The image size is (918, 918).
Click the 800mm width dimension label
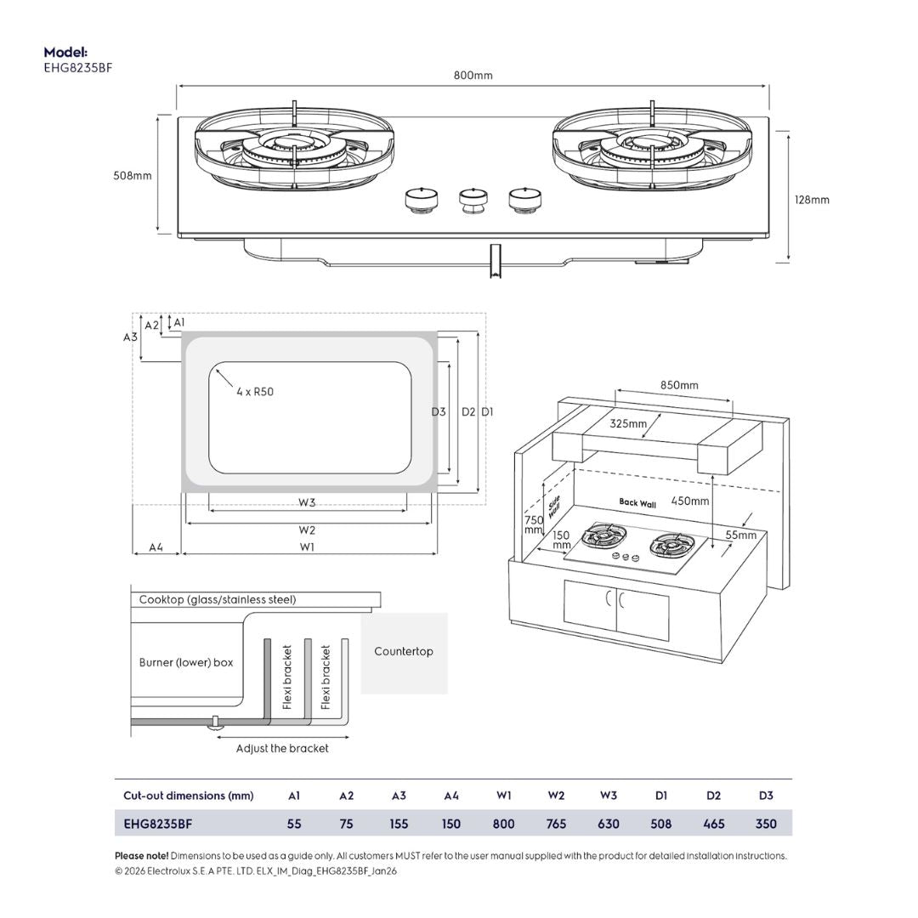[x=473, y=76]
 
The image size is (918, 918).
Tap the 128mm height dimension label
[x=812, y=201]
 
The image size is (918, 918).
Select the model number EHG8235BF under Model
[x=78, y=68]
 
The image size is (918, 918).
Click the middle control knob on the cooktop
[x=473, y=201]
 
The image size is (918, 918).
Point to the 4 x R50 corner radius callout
[x=255, y=392]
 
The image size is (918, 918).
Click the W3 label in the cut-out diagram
[x=307, y=502]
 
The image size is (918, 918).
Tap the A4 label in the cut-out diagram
[x=156, y=547]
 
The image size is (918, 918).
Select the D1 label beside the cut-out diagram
[x=487, y=412]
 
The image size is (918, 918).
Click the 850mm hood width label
[x=679, y=385]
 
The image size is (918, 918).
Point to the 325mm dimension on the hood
[x=627, y=423]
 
